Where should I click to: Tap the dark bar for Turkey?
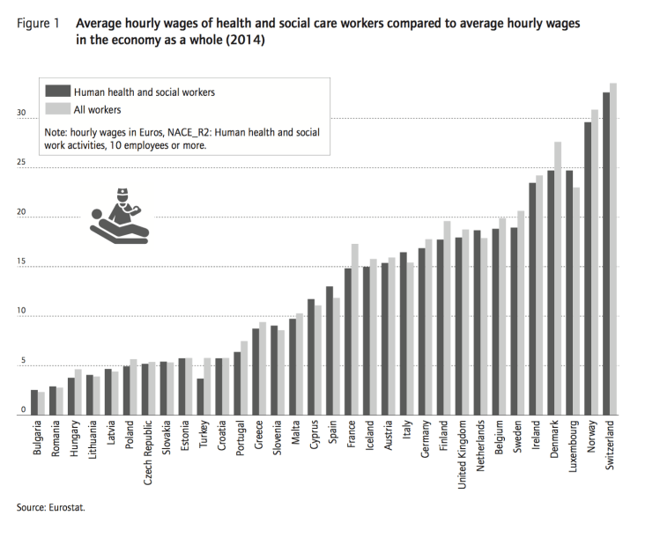[x=201, y=397]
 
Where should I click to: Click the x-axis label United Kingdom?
[x=459, y=455]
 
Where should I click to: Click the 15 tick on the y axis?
[x=20, y=264]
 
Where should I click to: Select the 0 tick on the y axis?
[x=22, y=410]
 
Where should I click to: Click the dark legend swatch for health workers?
[x=58, y=91]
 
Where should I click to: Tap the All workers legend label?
[x=98, y=109]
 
